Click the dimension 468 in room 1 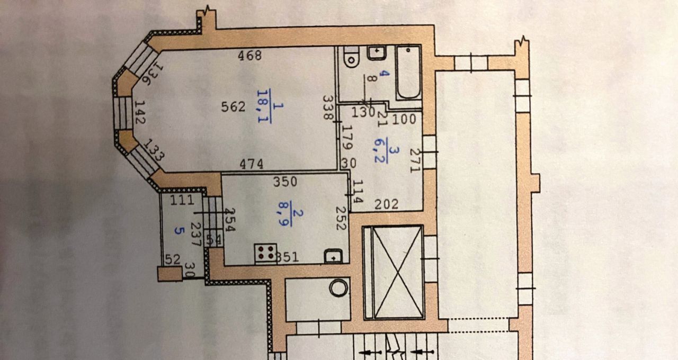(x=249, y=55)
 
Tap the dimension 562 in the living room (x=233, y=107)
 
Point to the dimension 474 (x=251, y=164)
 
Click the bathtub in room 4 (x=409, y=73)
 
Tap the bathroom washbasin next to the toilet (x=377, y=52)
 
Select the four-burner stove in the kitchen (x=265, y=253)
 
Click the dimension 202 (x=386, y=204)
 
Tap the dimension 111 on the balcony (x=181, y=200)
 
